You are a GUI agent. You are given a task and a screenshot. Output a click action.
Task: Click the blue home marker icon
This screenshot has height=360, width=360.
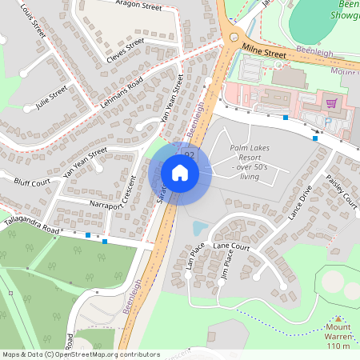[x=180, y=172]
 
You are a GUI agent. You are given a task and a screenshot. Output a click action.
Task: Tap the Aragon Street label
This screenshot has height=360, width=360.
[x=138, y=5]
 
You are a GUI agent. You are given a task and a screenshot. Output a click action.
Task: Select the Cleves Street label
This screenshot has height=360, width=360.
[x=125, y=50]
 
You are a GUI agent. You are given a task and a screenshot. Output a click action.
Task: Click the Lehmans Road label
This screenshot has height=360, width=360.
[x=122, y=94]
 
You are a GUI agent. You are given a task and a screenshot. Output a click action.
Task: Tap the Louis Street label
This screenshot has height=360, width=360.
[x=34, y=23]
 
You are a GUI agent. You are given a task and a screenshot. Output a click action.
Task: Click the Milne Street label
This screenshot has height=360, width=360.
[x=263, y=51]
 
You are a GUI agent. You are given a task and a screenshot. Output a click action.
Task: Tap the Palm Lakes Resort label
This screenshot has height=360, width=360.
[x=250, y=158]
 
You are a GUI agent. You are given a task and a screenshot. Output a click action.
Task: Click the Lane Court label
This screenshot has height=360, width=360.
[x=232, y=248]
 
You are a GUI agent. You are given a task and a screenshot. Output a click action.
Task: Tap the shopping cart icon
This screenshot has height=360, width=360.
[x=330, y=102]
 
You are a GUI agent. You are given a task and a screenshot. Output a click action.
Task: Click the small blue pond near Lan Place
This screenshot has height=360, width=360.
[x=198, y=229]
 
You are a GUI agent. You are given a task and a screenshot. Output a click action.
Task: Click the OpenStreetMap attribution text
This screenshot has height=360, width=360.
[x=80, y=354]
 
